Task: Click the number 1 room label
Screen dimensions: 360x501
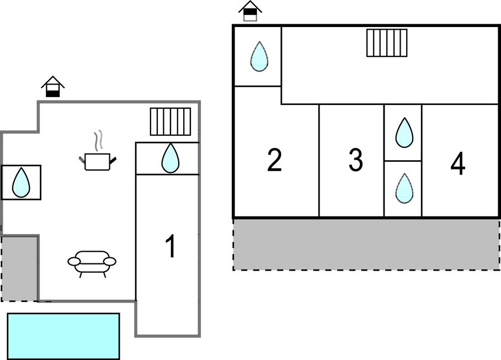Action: (171, 246)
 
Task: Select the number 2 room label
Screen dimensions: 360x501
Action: (274, 161)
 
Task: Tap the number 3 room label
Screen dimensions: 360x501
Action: (356, 160)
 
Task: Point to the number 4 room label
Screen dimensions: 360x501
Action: (457, 164)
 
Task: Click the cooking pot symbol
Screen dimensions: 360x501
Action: (98, 162)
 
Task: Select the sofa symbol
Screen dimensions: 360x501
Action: (92, 262)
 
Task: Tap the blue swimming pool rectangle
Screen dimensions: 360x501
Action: (63, 336)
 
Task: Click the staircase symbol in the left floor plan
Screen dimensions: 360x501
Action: (170, 121)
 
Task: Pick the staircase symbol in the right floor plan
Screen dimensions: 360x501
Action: (387, 43)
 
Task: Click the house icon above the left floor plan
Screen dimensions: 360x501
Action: (53, 87)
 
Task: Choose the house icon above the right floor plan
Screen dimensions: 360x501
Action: (250, 11)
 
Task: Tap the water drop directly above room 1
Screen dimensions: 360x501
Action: (170, 158)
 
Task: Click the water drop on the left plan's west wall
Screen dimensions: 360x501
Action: (21, 182)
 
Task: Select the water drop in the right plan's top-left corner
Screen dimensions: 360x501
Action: (259, 56)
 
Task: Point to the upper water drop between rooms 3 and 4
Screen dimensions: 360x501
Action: (404, 133)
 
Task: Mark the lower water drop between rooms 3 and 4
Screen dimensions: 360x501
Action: (404, 188)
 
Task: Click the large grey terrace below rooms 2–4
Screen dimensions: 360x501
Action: (366, 243)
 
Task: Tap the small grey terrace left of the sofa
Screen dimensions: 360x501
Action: (19, 268)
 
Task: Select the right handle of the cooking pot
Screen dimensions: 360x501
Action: (113, 160)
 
